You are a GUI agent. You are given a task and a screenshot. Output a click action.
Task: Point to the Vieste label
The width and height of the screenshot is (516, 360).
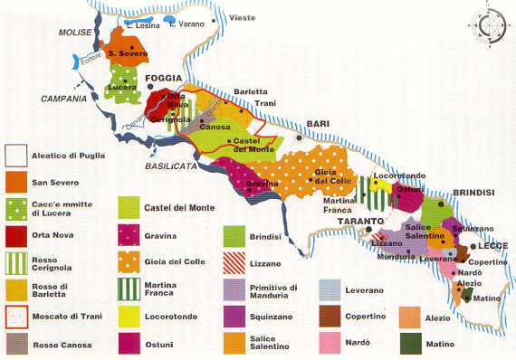(244, 17)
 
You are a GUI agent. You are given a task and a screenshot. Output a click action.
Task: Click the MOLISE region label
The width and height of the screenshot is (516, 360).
(76, 33)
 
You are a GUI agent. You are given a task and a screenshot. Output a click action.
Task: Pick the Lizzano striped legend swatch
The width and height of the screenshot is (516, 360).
(234, 263)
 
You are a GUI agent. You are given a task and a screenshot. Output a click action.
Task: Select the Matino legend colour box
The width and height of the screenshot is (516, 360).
(411, 343)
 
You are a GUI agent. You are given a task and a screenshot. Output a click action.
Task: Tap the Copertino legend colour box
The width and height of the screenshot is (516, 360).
(330, 316)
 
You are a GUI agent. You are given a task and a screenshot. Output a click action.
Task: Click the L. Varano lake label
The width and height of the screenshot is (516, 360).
(186, 24)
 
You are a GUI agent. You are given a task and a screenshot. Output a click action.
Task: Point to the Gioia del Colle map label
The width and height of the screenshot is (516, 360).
(332, 176)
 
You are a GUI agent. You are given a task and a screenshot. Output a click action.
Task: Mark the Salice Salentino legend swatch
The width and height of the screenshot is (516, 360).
(234, 343)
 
